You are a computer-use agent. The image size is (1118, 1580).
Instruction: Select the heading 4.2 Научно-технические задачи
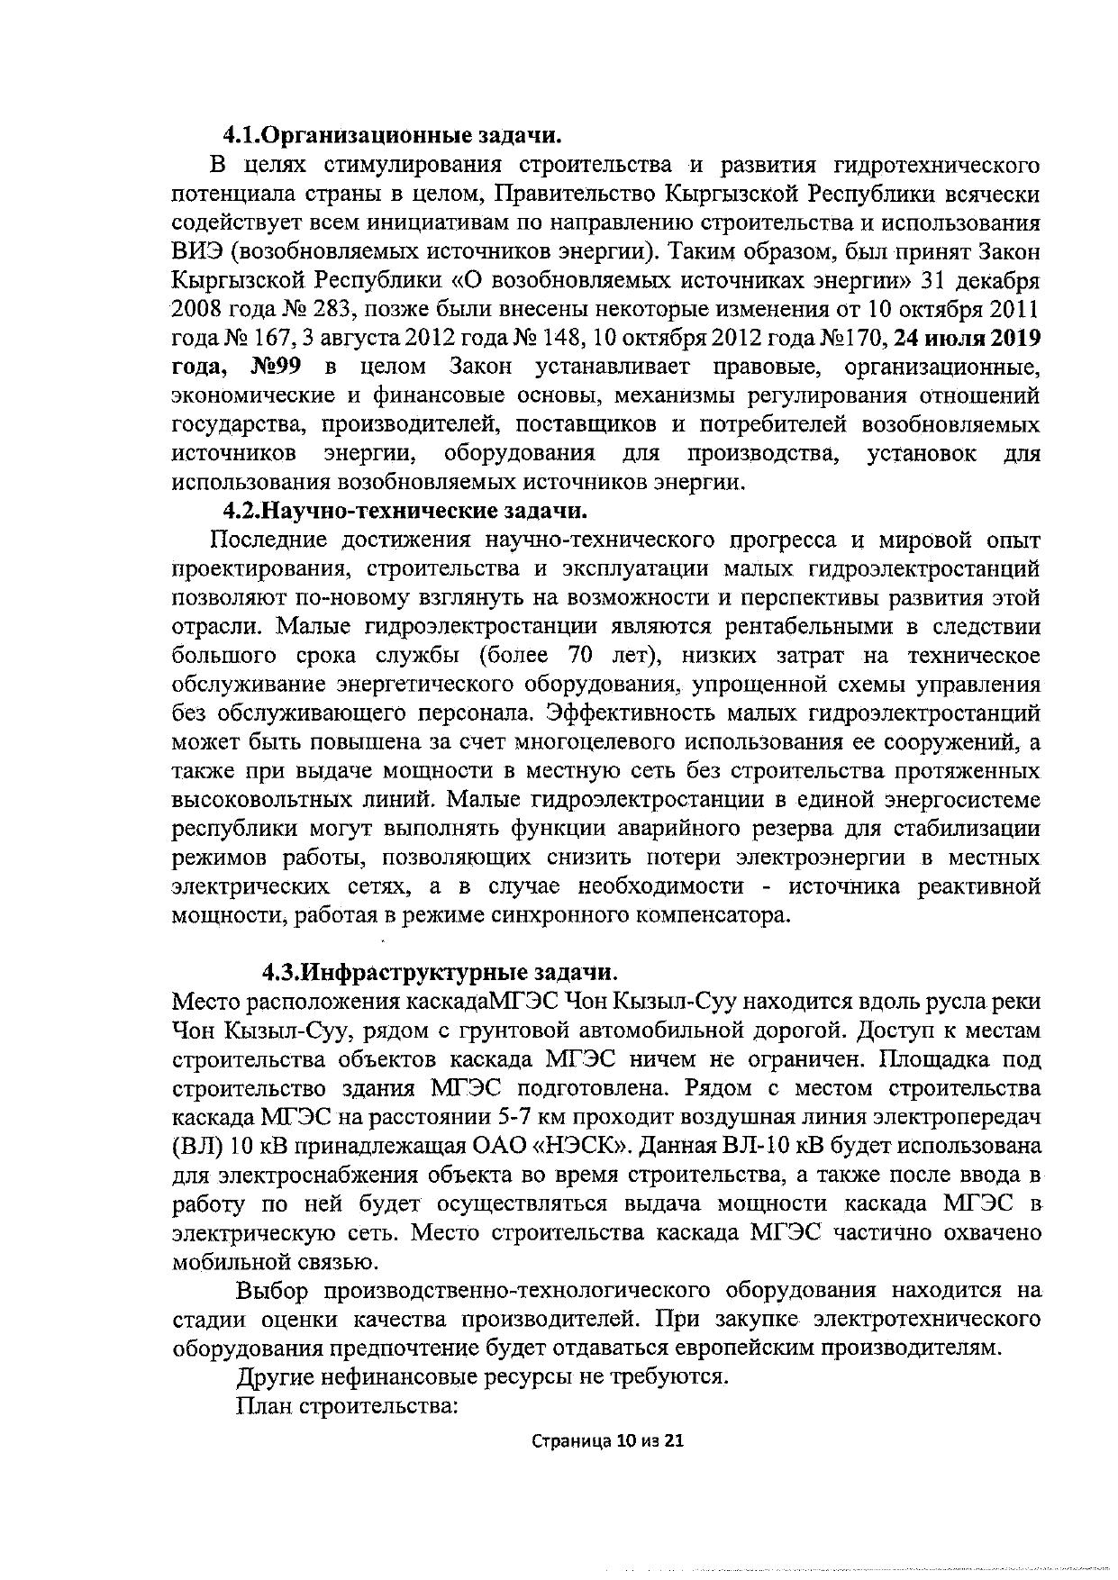[x=405, y=512]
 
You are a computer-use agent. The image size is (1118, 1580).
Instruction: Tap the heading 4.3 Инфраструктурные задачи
[x=441, y=973]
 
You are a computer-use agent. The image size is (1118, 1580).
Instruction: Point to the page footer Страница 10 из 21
[x=608, y=1441]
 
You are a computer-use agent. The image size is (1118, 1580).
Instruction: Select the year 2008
[x=198, y=310]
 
